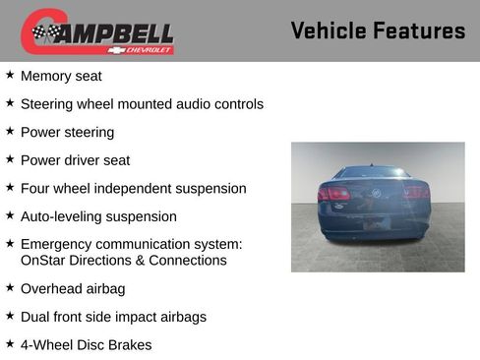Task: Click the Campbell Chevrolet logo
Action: coord(97,31)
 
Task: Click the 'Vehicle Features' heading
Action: coord(378,31)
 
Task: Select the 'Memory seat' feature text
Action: coord(61,76)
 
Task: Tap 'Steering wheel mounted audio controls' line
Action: coord(142,104)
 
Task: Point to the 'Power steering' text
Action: coord(67,132)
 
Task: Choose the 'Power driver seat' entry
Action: coord(75,160)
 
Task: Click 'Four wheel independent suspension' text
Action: coord(133,188)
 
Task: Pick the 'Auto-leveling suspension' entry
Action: coord(98,216)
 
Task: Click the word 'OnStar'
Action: coord(43,261)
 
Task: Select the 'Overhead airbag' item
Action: coord(73,289)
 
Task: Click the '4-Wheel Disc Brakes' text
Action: coord(86,345)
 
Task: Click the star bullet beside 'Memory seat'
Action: coord(10,75)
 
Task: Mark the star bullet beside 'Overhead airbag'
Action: coord(10,288)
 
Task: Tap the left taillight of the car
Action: coord(334,194)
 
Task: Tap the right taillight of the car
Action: coord(416,193)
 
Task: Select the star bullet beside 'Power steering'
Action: coord(10,131)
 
